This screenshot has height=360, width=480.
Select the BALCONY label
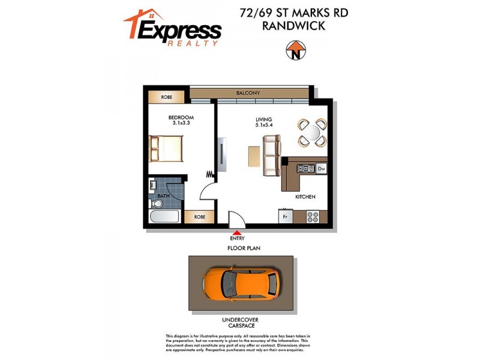[248, 93]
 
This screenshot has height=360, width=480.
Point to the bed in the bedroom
[166, 148]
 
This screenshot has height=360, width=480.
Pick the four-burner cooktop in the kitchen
[313, 216]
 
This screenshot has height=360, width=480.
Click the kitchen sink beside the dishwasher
[303, 169]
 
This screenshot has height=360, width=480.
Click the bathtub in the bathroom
[163, 217]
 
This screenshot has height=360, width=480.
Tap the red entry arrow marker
[237, 232]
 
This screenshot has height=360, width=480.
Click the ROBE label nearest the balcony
[167, 97]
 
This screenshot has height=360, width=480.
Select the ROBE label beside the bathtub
[200, 217]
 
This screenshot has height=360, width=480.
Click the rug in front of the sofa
[254, 157]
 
